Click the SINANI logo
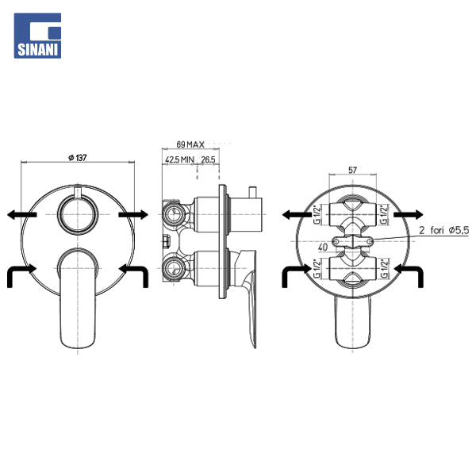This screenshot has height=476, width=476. coord(37,36)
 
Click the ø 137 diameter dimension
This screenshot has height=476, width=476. coord(78,158)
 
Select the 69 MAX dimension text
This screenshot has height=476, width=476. coord(190,144)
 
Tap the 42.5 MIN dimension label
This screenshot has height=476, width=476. coord(179,159)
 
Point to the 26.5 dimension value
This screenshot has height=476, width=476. coord(208,159)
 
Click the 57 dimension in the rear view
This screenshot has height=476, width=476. coord(352,170)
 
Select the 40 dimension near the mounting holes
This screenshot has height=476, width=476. coord(323,248)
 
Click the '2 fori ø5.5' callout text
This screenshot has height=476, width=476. coord(443,230)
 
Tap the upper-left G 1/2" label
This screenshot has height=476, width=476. coord(317,215)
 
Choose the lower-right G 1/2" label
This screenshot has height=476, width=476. coord(385,268)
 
